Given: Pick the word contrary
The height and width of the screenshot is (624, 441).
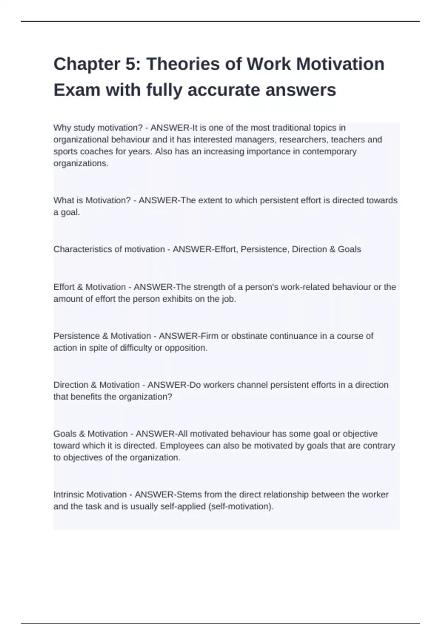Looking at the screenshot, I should coord(379,446).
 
